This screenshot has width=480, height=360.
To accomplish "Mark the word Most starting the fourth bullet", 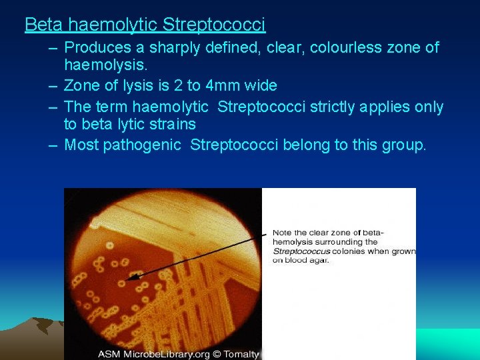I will pyautogui.click(x=81, y=145).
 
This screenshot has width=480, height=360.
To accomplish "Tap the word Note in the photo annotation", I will pyautogui.click(x=281, y=233).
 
